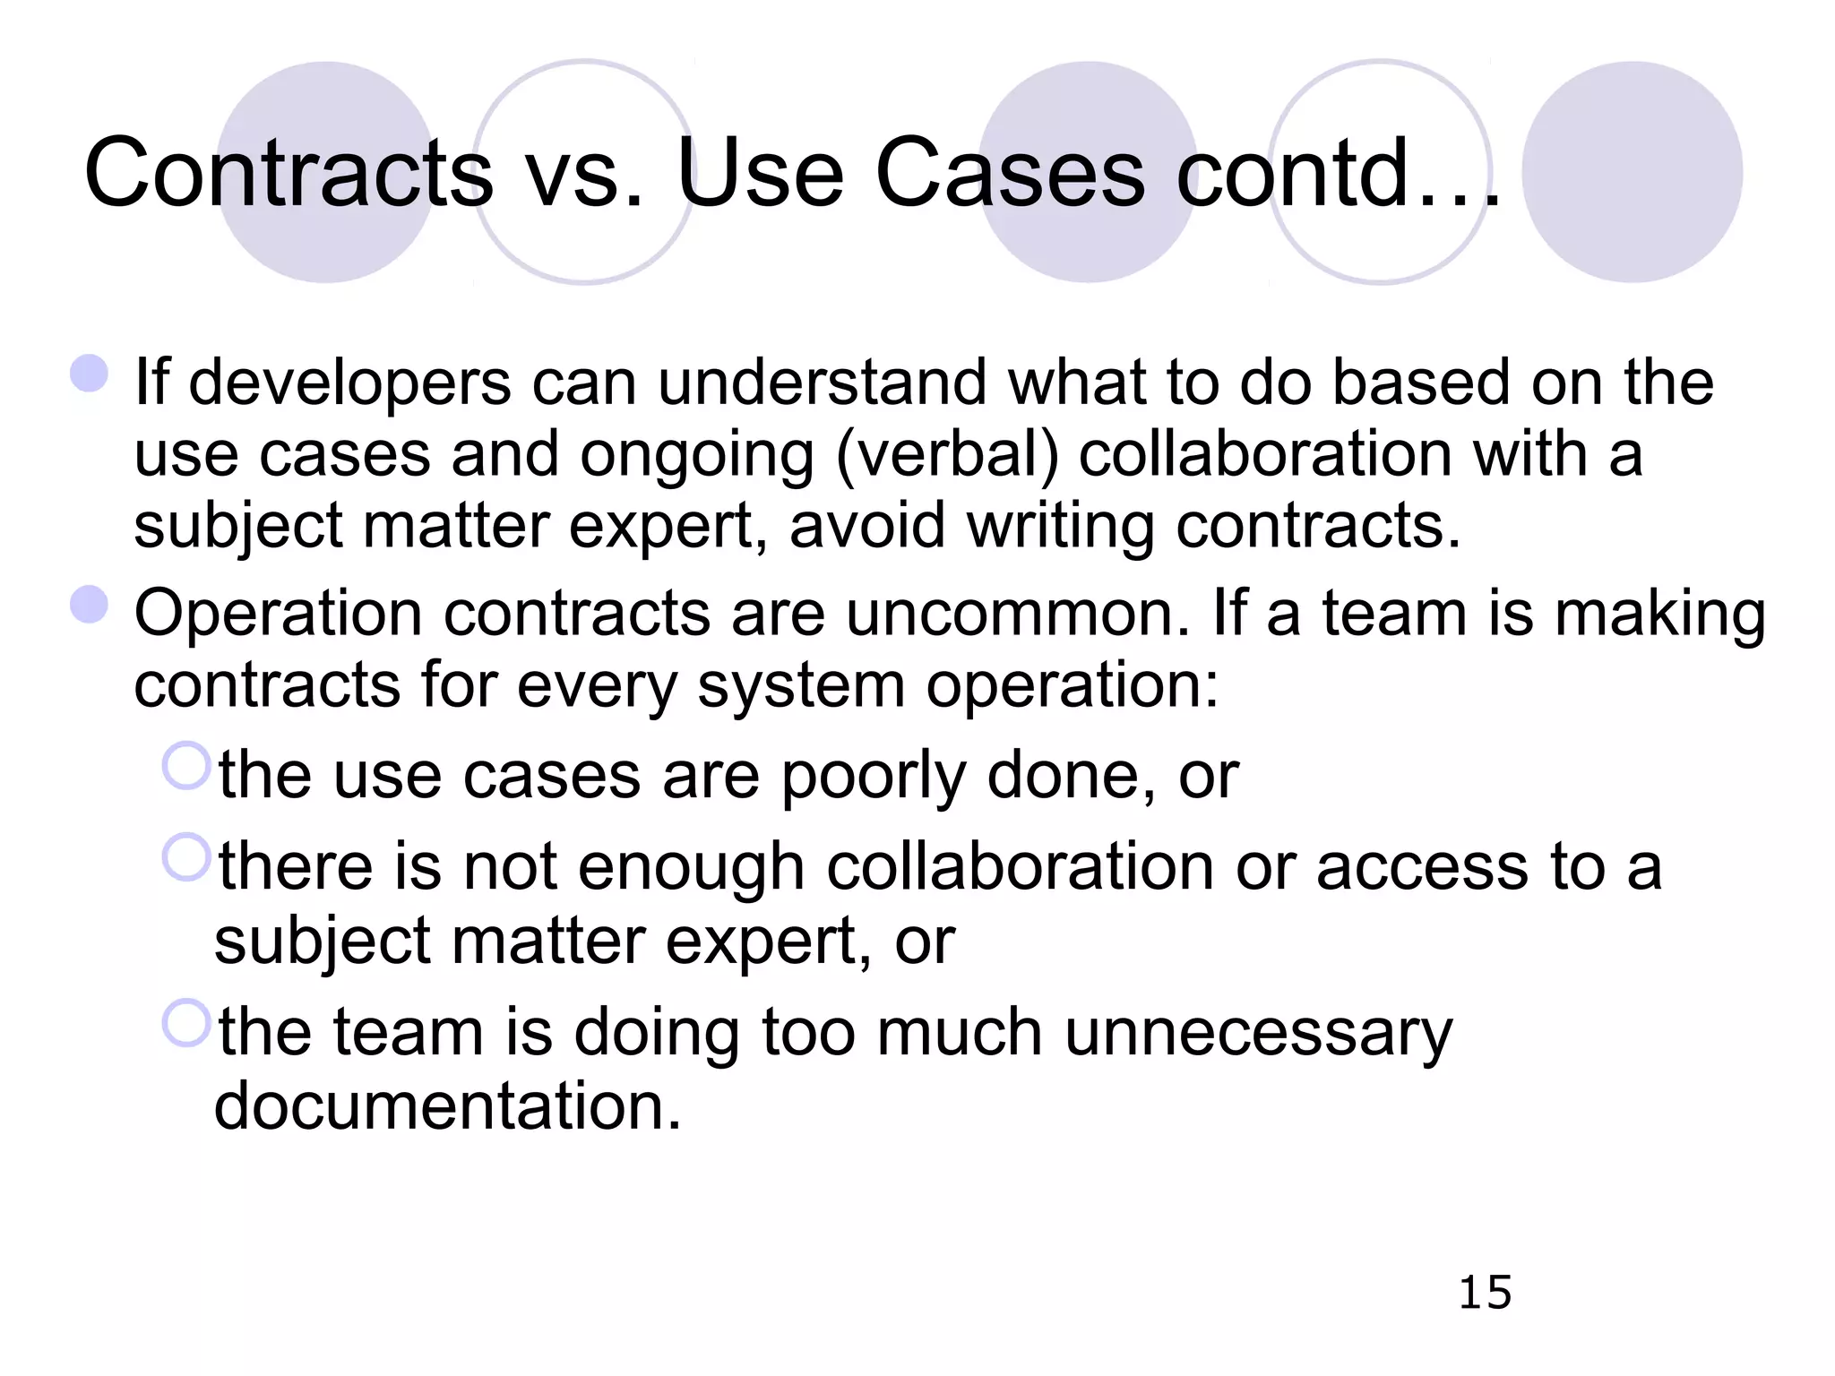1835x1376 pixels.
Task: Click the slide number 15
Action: pos(1485,1293)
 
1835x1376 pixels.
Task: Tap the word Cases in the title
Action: pos(1010,173)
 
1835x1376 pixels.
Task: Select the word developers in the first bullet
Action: pos(350,383)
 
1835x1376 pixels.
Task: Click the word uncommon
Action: pos(1018,615)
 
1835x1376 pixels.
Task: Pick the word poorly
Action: pos(874,776)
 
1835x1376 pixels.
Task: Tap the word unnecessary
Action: pos(1259,1033)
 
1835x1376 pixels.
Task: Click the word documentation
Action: pos(447,1106)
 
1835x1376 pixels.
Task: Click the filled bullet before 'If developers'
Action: pos(90,374)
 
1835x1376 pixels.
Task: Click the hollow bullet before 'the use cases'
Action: pos(186,766)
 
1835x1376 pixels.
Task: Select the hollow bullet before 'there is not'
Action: pos(186,857)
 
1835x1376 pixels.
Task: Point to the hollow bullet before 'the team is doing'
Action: pos(186,1023)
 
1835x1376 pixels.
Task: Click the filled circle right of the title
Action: pos(1632,172)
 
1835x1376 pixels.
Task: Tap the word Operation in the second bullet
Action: pos(279,615)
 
